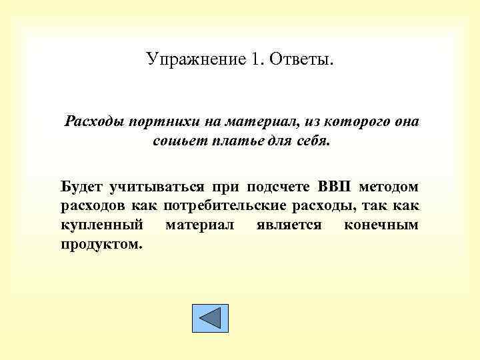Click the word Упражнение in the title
pos(187,60)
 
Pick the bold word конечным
pos(381,225)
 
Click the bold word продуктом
pos(101,244)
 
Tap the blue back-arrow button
pos(210,319)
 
